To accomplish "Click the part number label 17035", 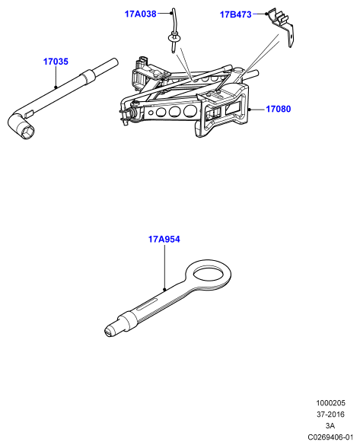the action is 56,62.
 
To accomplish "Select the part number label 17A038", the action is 140,14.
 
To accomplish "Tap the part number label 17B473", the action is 236,14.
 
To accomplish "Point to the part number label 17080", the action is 279,109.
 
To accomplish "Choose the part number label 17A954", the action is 164,239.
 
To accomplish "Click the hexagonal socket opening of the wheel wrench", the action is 27,132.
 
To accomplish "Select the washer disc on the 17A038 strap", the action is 174,38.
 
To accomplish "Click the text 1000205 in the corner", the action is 330,403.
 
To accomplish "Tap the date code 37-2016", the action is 330,415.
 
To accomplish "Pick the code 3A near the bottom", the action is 330,426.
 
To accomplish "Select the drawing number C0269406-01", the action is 330,437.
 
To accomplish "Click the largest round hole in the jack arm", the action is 190,111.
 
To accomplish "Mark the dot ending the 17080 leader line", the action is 250,110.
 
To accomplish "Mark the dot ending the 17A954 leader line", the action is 164,289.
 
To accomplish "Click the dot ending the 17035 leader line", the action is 56,87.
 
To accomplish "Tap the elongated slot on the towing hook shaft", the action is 147,304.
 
